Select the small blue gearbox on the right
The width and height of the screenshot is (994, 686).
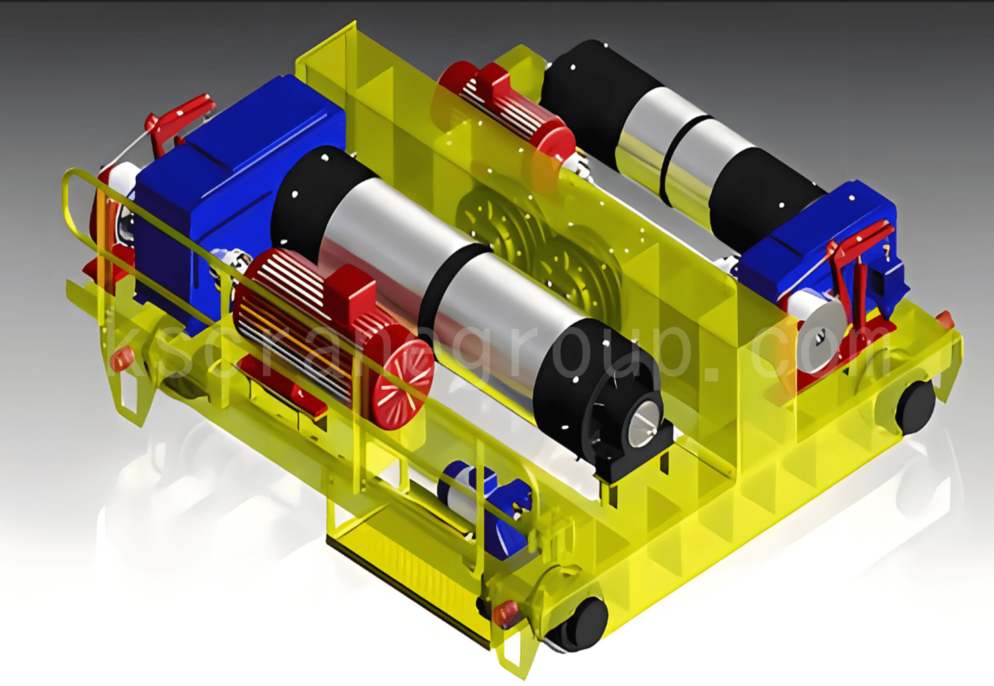[821, 249]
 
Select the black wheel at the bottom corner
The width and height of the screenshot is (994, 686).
[581, 626]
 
